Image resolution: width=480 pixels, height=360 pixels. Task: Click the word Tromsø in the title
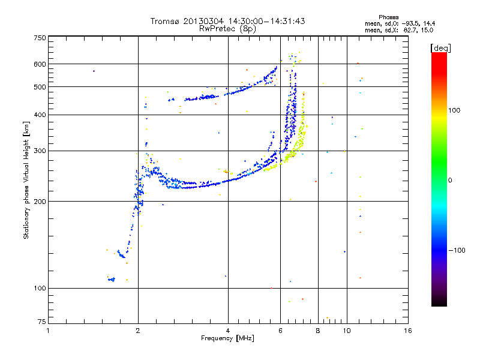(164, 21)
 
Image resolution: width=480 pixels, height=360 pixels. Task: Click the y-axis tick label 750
(40, 38)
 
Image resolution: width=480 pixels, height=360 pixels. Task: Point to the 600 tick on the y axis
(40, 64)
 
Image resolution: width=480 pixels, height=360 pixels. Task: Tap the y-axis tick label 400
(40, 115)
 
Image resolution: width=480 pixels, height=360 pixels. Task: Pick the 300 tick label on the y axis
(40, 151)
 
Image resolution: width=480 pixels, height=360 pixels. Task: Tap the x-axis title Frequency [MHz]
(227, 338)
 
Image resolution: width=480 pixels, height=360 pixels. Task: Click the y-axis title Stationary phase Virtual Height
(26, 180)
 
